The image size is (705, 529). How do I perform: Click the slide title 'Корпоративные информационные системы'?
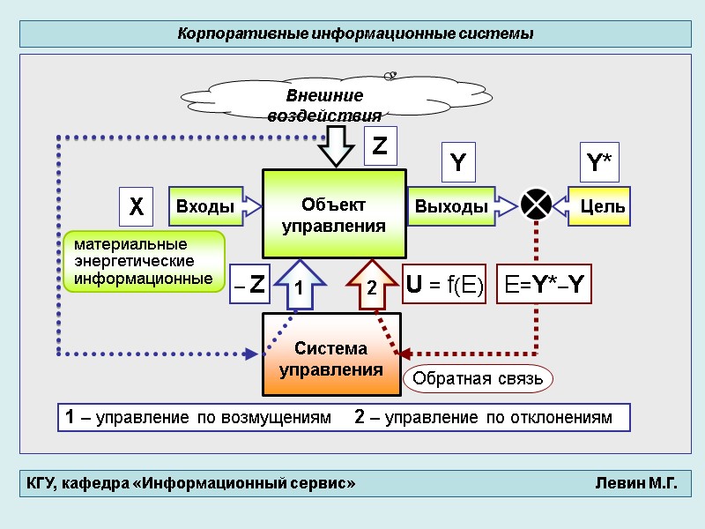click(x=355, y=34)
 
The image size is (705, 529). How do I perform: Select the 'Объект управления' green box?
click(x=334, y=214)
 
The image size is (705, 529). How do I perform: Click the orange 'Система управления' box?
click(x=331, y=359)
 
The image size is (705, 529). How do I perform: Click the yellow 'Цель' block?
click(x=599, y=206)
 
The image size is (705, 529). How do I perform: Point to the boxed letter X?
click(x=136, y=208)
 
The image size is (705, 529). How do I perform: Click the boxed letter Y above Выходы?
click(x=458, y=163)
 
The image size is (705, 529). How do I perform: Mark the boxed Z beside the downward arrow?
click(x=380, y=146)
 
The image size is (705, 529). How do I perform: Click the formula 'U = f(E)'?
click(x=444, y=285)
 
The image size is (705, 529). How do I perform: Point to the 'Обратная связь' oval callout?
click(x=478, y=379)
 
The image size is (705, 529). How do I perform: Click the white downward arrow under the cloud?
click(x=335, y=145)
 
